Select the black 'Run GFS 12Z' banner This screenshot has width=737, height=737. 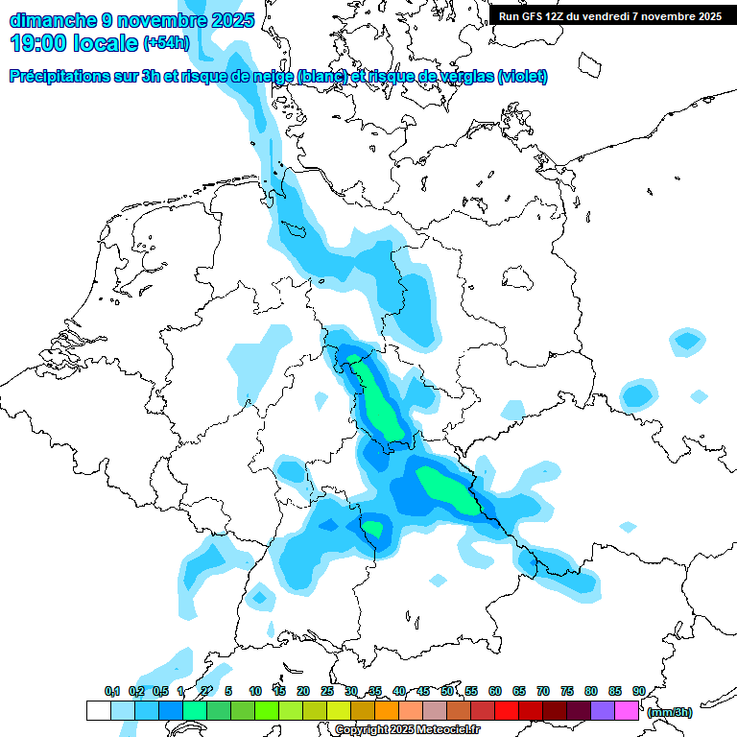(x=610, y=15)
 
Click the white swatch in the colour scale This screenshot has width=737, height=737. (x=99, y=710)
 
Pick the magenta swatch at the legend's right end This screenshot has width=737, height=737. (x=627, y=710)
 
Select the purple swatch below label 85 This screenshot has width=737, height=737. (x=603, y=710)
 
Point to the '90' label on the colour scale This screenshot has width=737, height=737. (x=638, y=692)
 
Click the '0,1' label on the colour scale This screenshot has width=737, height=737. (x=111, y=692)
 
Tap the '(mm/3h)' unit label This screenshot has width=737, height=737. (x=670, y=712)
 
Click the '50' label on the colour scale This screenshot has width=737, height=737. (x=447, y=692)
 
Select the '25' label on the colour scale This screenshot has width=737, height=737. (x=327, y=692)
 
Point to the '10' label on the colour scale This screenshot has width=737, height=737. (x=255, y=692)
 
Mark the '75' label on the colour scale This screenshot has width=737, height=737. (x=567, y=692)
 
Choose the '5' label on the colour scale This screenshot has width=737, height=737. (x=228, y=692)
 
